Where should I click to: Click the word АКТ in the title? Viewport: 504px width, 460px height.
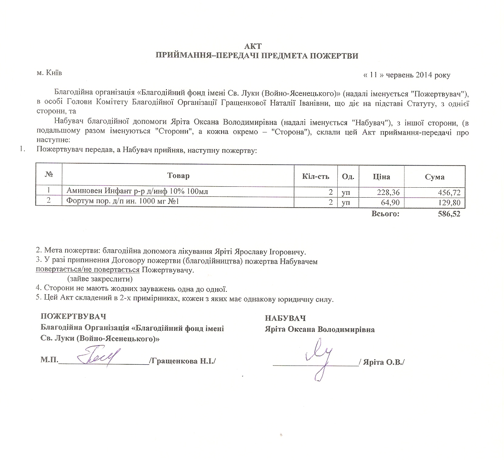click(253, 46)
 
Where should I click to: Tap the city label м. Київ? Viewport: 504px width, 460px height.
click(49, 73)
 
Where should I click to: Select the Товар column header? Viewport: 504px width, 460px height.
click(178, 176)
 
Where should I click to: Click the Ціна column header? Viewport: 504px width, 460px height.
click(381, 177)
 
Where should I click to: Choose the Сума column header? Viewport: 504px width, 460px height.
click(434, 177)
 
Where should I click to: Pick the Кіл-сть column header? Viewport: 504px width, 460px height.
click(316, 176)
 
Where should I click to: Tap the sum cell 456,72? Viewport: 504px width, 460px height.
click(450, 193)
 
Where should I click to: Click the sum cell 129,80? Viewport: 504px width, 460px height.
click(450, 203)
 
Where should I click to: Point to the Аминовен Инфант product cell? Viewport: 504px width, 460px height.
click(137, 191)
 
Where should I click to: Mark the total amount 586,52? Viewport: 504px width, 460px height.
click(449, 214)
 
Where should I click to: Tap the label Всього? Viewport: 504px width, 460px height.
click(385, 214)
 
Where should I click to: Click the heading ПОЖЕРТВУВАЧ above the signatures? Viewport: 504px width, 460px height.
click(73, 316)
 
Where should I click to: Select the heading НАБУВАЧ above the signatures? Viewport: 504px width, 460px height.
click(285, 318)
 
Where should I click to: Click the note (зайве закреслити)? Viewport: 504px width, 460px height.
click(100, 279)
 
